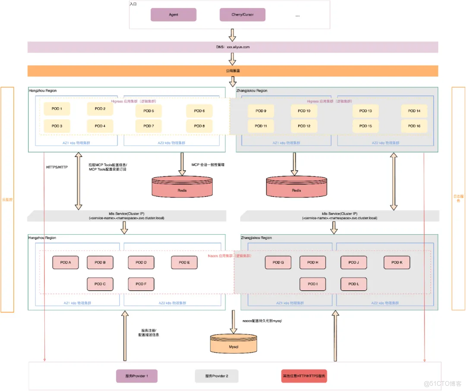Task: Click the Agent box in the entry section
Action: tap(173, 15)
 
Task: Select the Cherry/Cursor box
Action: tap(242, 15)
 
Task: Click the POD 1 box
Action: tap(57, 109)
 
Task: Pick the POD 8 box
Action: tap(199, 126)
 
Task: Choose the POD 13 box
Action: tap(365, 111)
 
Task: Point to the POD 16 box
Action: tap(414, 126)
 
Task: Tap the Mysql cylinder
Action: tap(233, 345)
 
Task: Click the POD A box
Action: tap(66, 263)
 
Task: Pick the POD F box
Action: tap(141, 284)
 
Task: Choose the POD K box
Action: tap(397, 262)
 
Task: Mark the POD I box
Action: tap(313, 284)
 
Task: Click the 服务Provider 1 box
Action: tap(137, 376)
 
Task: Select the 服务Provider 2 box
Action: tap(217, 376)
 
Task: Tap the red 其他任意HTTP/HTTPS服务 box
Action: tap(304, 376)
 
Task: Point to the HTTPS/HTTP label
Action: tap(57, 167)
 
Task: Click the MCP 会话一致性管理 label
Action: tap(208, 165)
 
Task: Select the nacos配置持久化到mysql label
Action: tap(262, 321)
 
